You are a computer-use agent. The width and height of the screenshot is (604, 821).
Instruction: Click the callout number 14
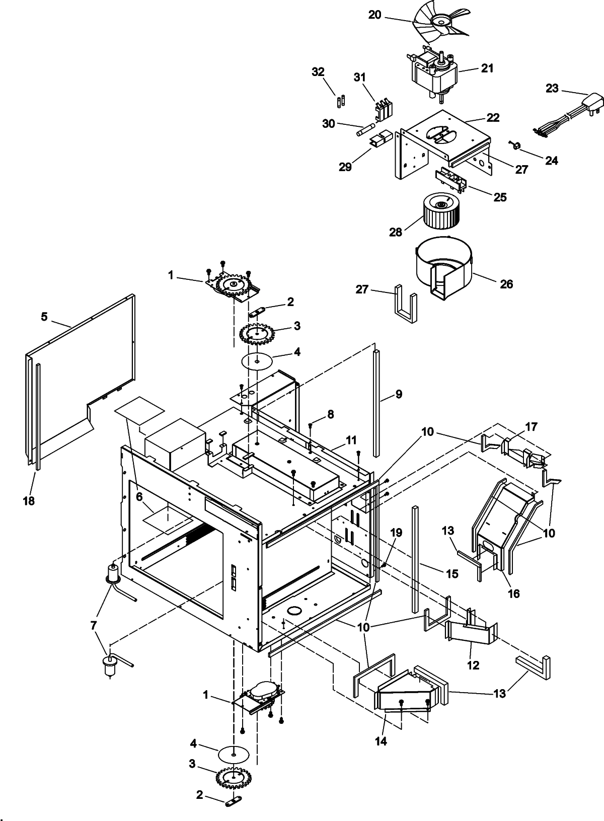pyautogui.click(x=381, y=741)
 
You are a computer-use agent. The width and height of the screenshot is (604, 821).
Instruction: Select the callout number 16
pyautogui.click(x=513, y=594)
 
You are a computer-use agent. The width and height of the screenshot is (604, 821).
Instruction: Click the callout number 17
pyautogui.click(x=531, y=427)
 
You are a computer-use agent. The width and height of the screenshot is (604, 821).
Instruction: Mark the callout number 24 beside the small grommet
pyautogui.click(x=552, y=160)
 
